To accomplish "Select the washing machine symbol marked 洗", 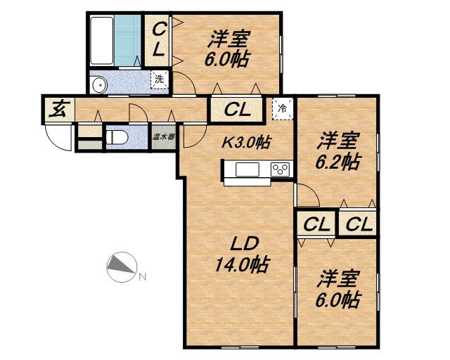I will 160,79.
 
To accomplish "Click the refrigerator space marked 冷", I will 281,108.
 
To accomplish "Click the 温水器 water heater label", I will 162,136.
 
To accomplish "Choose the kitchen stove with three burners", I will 281,169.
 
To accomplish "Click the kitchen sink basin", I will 247,169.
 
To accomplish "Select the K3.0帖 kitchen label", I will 247,141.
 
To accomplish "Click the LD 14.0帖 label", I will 243,255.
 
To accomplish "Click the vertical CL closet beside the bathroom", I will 159,39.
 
